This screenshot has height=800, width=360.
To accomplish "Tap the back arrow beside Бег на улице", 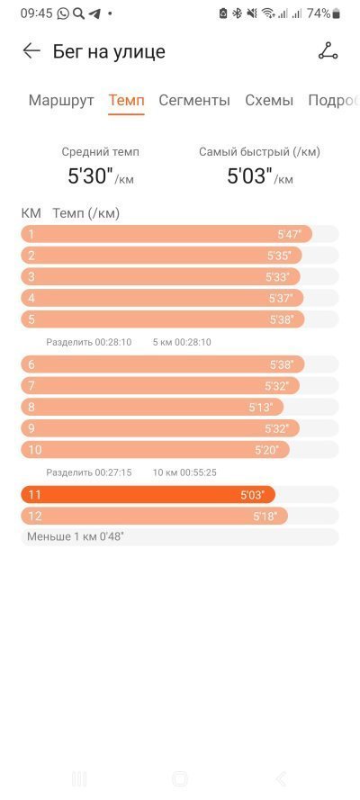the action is [x=31, y=51].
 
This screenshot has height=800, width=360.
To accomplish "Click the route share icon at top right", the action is [x=328, y=51].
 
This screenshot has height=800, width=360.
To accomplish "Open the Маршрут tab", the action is [x=61, y=100].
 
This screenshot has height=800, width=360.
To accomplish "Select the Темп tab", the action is [x=127, y=100].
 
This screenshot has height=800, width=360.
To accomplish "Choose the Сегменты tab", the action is [x=194, y=100].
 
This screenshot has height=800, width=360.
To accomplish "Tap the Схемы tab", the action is [x=269, y=100].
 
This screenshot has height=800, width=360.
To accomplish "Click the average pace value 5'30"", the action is [x=90, y=176].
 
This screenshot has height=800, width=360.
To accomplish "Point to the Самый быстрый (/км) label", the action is [x=259, y=151].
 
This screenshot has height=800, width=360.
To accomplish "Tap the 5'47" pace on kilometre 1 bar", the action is [x=290, y=235].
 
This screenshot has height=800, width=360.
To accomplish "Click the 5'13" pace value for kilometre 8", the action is [x=261, y=407].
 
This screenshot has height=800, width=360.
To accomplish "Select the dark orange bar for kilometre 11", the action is [x=148, y=494].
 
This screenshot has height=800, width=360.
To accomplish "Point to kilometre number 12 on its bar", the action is [x=35, y=517].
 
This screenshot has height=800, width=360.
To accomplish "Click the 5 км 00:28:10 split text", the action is [x=182, y=342].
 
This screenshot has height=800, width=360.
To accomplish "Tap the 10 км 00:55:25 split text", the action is [x=184, y=473].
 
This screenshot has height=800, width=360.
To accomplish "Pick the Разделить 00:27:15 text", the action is [x=89, y=473].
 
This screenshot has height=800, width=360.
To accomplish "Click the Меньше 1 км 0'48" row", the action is [x=179, y=536].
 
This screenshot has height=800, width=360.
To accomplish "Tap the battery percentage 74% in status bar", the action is [x=319, y=13].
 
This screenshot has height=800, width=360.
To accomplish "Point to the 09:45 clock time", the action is [x=37, y=13].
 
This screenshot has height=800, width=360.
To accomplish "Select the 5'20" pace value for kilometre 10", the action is [x=266, y=450].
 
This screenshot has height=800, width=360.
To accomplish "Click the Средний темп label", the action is [x=100, y=151].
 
